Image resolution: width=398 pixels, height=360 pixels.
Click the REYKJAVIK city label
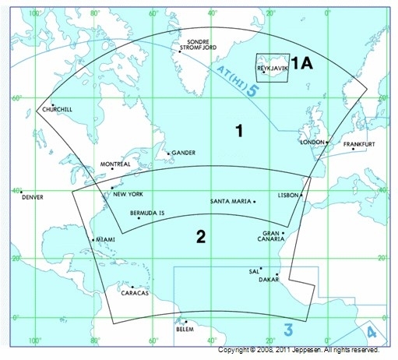pos(273,68)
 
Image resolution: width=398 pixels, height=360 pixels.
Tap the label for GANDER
pos(184,153)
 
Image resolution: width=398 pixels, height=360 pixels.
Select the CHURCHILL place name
pos(57,110)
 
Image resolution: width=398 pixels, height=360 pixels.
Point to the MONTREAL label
pos(115,164)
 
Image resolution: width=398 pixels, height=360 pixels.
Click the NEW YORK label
pos(129,194)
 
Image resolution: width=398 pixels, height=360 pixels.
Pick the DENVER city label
pos(33,197)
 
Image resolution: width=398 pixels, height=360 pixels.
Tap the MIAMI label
pos(105,239)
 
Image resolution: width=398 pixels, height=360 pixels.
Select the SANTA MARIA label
pos(231,202)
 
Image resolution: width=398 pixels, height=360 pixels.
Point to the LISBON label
pos(287,195)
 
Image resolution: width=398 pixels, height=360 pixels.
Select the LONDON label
pos(312,143)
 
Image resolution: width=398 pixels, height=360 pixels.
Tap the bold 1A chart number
pos(301,64)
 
